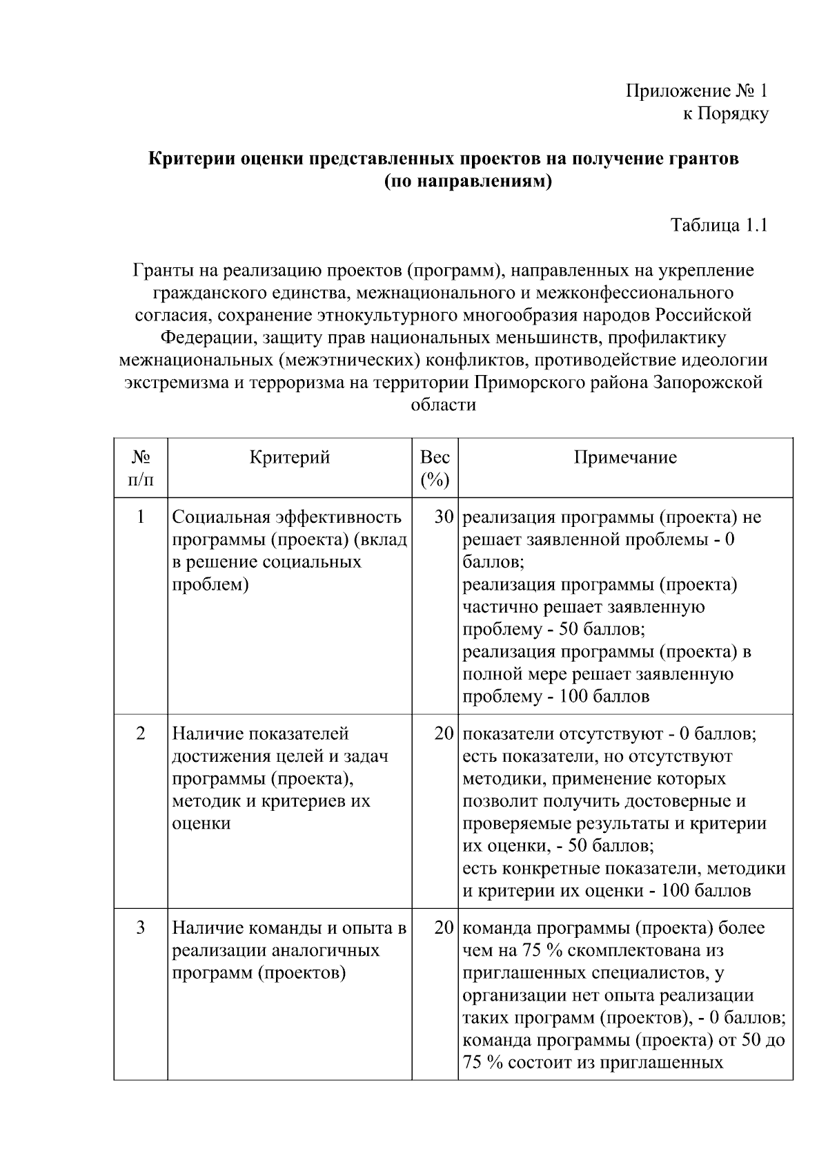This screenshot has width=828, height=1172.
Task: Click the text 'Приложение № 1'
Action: [x=696, y=91]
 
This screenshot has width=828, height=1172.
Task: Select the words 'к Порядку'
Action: [x=725, y=114]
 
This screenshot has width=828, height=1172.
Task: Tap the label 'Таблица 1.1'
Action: [x=719, y=225]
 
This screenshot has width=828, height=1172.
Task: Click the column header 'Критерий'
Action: [x=290, y=457]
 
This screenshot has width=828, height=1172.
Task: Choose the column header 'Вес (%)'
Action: [x=435, y=468]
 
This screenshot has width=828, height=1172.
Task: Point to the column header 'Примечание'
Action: [x=625, y=457]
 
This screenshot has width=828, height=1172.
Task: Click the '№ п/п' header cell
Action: [x=141, y=468]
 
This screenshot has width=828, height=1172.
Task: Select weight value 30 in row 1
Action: [x=443, y=517]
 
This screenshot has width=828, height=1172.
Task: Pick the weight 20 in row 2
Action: [x=443, y=733]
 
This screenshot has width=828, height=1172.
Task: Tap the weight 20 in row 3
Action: [x=443, y=928]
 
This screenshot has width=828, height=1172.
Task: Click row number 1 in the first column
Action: [x=141, y=517]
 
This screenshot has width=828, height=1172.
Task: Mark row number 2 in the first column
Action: [x=141, y=733]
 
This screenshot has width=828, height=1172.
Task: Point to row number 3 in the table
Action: [x=141, y=928]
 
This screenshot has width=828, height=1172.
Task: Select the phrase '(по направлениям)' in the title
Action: [x=469, y=182]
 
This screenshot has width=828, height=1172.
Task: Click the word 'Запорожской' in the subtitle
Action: [x=707, y=382]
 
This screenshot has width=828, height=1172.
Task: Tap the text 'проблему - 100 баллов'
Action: [x=555, y=696]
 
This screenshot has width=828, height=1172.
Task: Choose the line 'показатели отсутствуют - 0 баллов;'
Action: [x=609, y=733]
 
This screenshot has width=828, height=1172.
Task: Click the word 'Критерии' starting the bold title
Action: [x=190, y=159]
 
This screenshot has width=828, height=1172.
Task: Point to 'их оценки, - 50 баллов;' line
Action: [x=558, y=845]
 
